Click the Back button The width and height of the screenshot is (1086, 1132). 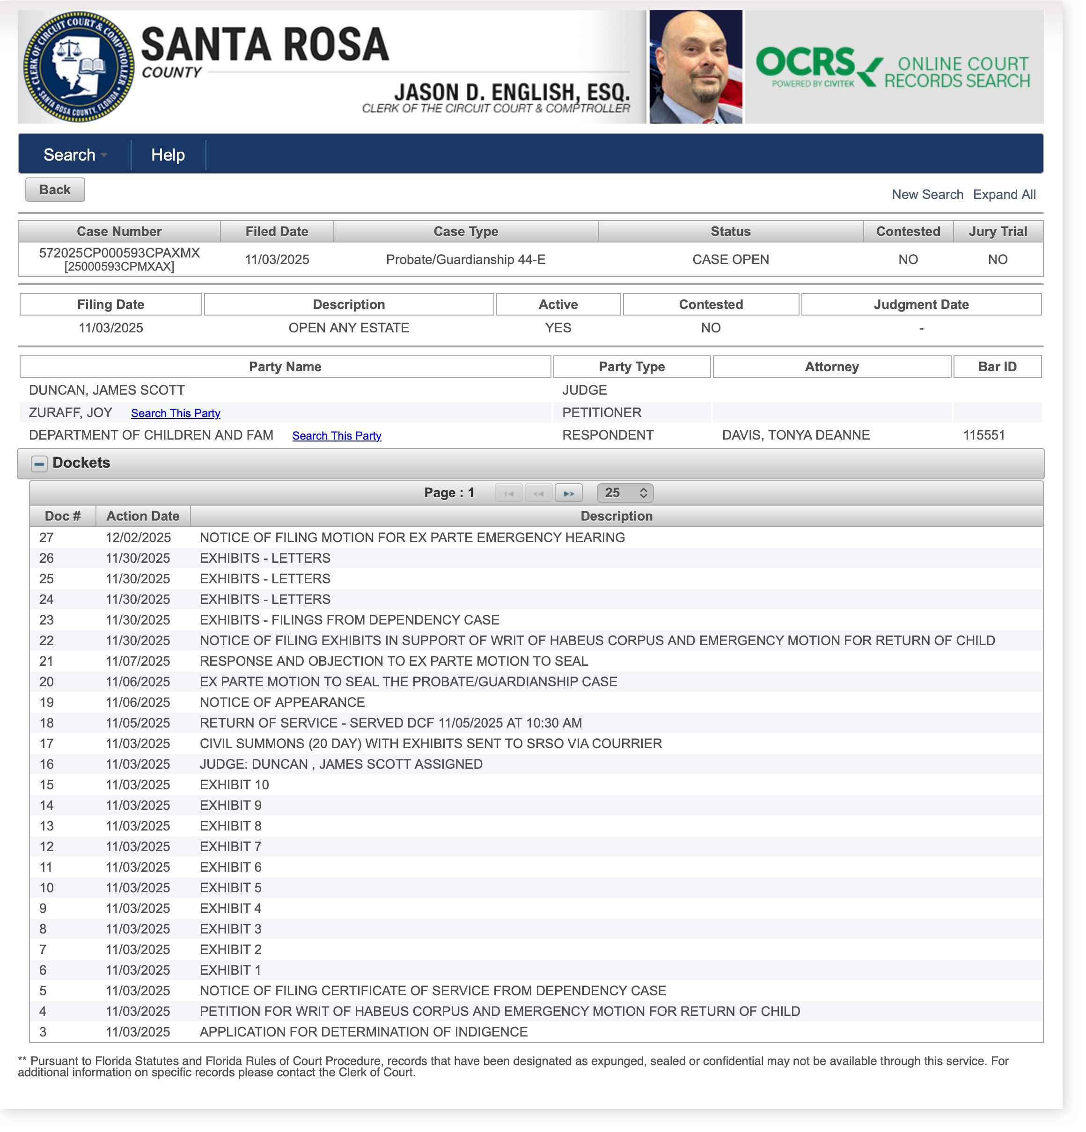point(55,190)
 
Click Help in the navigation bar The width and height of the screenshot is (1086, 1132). point(168,155)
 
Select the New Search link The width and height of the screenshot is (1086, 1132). point(927,195)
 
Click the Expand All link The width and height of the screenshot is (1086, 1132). point(1004,195)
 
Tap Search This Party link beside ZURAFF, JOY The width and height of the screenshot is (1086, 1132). point(176,413)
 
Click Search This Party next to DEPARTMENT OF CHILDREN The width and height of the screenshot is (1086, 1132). point(337,436)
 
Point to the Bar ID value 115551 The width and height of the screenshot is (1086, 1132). point(983,435)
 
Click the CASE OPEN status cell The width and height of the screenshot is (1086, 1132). point(730,260)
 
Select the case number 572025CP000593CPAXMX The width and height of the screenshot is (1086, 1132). point(119,253)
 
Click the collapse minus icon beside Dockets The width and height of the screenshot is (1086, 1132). point(39,464)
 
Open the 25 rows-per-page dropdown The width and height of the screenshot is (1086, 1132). point(625,493)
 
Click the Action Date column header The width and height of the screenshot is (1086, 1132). point(143,516)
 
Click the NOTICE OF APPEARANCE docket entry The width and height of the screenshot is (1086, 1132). point(282,702)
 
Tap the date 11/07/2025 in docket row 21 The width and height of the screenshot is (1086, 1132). point(138,662)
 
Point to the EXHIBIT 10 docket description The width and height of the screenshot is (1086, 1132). point(235,785)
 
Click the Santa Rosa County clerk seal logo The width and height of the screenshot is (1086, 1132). point(79,66)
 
